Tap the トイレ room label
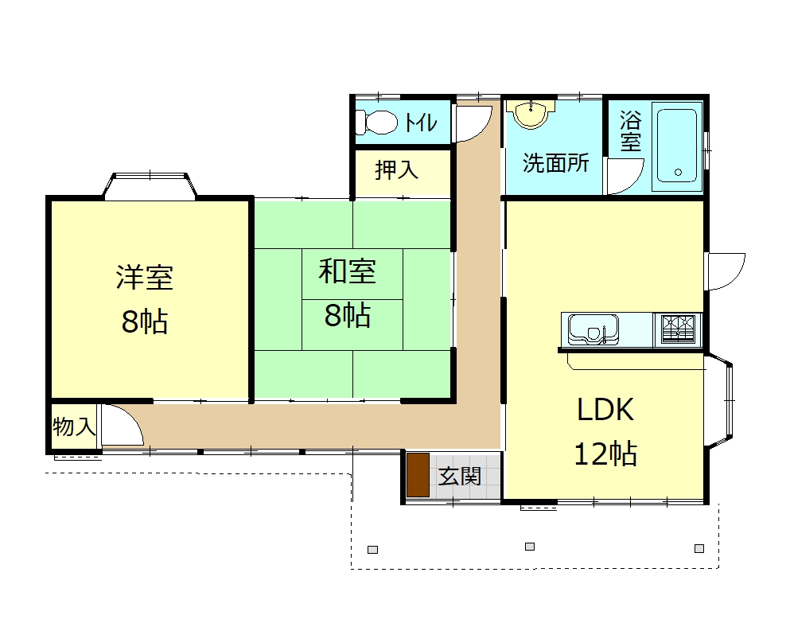421,123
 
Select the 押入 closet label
396,169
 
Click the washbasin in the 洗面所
531,114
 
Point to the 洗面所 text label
555,163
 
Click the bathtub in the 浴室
677,146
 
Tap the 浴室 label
630,131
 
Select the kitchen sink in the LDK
593,329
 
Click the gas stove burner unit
678,329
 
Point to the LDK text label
605,409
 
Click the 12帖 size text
605,454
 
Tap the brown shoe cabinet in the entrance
418,475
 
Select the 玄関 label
460,477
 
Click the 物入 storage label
74,427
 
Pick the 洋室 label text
145,277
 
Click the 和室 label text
347,271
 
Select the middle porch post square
530,547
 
